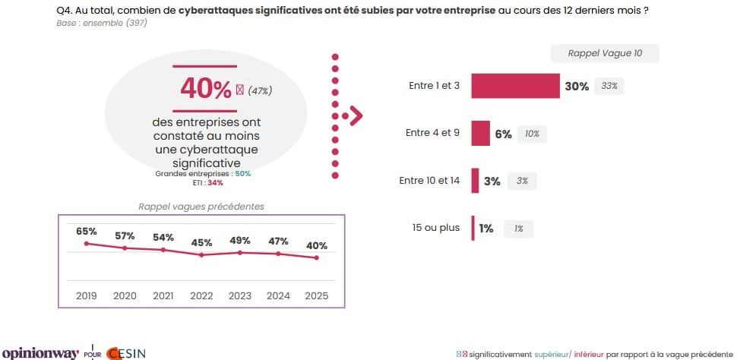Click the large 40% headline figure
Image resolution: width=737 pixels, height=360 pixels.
pyautogui.click(x=205, y=90)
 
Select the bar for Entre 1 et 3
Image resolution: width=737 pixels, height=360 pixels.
pyautogui.click(x=515, y=86)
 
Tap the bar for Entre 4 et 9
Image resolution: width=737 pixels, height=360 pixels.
pyautogui.click(x=480, y=133)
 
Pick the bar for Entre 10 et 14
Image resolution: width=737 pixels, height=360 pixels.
pyautogui.click(x=475, y=181)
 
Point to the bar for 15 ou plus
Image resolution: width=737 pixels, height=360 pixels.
pyautogui.click(x=473, y=228)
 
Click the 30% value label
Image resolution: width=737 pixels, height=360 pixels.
pyautogui.click(x=577, y=87)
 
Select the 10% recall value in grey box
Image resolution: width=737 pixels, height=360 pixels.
pyautogui.click(x=532, y=134)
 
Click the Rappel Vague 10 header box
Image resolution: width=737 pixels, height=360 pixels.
pyautogui.click(x=605, y=53)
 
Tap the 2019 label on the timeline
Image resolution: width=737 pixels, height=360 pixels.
pyautogui.click(x=87, y=295)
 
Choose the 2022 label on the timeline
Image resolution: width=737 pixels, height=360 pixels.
pyautogui.click(x=201, y=295)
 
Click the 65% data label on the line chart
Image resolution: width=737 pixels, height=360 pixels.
pyautogui.click(x=87, y=230)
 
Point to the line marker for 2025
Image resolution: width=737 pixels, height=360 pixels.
pyautogui.click(x=317, y=258)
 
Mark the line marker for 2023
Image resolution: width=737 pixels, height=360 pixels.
pyautogui.click(x=240, y=252)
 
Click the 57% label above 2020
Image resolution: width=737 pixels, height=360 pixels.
pyautogui.click(x=125, y=235)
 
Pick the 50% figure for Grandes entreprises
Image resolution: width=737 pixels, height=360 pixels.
pyautogui.click(x=243, y=174)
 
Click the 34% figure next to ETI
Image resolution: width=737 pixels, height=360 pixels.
pyautogui.click(x=215, y=183)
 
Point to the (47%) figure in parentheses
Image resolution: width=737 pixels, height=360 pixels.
pyautogui.click(x=260, y=91)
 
